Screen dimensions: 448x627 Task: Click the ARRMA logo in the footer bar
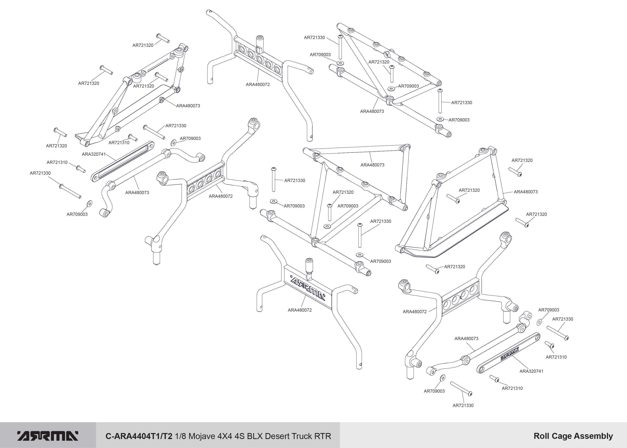[x=48, y=436]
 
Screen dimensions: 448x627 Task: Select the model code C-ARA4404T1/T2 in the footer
[x=139, y=436]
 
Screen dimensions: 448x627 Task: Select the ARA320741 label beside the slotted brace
[x=94, y=154]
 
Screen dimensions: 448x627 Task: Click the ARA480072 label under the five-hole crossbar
[x=258, y=85]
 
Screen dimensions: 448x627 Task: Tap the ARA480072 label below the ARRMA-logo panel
[x=300, y=310]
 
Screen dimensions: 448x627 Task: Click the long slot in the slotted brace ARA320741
[x=123, y=161]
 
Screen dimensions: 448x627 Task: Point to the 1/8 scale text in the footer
[x=181, y=436]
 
